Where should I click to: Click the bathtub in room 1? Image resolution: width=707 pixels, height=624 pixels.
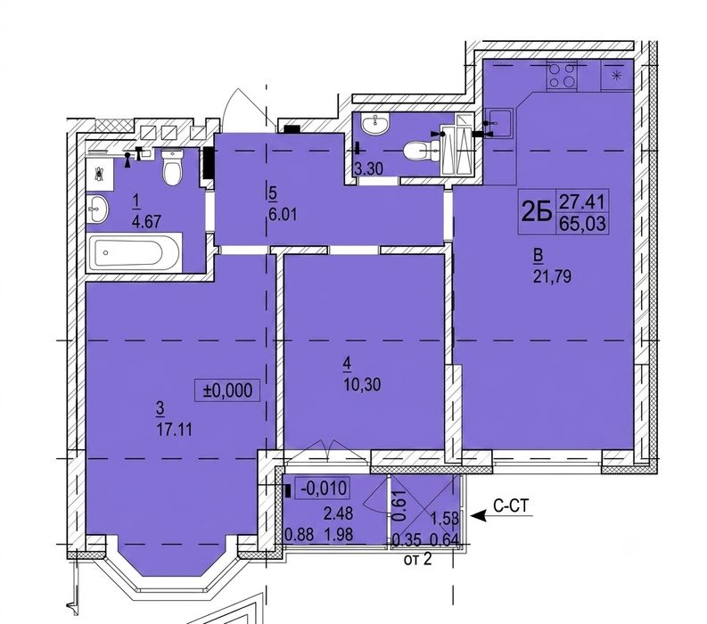click(x=134, y=252)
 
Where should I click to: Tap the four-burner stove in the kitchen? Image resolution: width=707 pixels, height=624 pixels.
click(x=563, y=76)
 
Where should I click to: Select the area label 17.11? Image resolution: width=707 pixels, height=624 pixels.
click(x=175, y=430)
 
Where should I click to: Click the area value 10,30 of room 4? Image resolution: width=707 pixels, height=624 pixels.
click(x=362, y=384)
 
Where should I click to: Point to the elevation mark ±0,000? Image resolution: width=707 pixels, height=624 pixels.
click(x=227, y=390)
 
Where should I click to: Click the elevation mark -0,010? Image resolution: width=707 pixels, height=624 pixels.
click(x=322, y=488)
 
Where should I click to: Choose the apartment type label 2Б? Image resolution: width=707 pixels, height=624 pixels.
click(x=537, y=211)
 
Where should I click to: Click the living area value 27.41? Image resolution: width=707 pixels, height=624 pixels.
click(x=582, y=201)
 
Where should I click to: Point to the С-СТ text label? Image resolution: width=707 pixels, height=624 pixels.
click(x=511, y=505)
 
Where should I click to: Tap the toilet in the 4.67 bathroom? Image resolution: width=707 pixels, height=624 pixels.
click(x=172, y=167)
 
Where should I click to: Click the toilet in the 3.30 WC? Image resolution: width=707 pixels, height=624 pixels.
click(x=421, y=151)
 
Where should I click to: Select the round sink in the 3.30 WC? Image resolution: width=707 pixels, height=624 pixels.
click(x=375, y=124)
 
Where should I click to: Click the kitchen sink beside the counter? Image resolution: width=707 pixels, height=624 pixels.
click(x=499, y=123)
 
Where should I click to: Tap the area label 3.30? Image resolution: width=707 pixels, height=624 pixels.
click(x=368, y=169)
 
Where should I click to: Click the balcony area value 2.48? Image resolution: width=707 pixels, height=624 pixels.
click(x=338, y=513)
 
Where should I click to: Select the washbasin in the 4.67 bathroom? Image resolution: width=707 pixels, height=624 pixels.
click(x=97, y=209)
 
